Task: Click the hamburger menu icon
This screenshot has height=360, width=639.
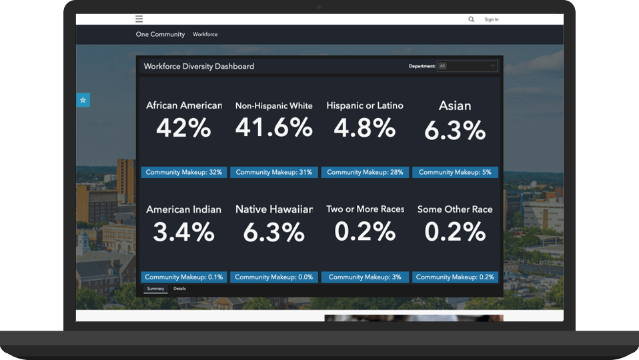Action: [139, 19]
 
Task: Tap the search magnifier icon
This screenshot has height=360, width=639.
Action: [472, 19]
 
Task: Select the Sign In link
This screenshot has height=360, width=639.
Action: [492, 19]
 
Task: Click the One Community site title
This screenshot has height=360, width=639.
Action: [160, 34]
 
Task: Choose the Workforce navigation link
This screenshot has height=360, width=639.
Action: [205, 34]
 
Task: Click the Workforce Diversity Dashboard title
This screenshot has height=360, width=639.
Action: [199, 66]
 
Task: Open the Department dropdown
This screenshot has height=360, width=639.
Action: [467, 66]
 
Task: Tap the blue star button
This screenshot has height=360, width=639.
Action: [83, 100]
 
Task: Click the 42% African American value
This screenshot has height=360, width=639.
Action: [183, 127]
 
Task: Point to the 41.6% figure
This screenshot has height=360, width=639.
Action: [273, 127]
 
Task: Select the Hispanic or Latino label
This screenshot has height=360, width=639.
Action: [365, 105]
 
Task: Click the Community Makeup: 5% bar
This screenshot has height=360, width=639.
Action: [455, 172]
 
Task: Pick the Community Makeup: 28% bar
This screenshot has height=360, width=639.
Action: [365, 172]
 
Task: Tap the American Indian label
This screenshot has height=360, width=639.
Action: [183, 209]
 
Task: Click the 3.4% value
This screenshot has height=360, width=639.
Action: [183, 232]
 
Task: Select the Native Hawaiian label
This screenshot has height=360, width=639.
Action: [273, 209]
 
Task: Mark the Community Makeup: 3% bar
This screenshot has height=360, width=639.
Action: [365, 277]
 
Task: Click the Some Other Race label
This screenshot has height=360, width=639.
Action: [455, 209]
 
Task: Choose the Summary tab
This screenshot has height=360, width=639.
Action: [155, 289]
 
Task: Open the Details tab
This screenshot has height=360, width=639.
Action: [179, 289]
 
